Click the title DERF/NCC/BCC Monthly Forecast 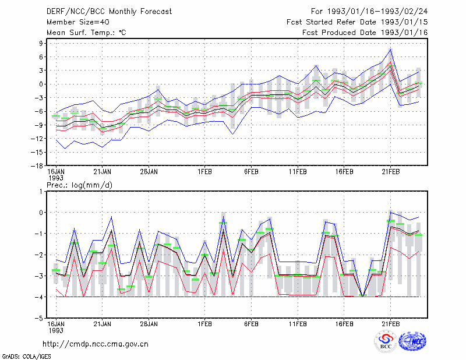click(x=109, y=12)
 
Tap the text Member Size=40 click(x=78, y=22)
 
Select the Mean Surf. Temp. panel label click(x=86, y=33)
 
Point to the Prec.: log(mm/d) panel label click(x=79, y=185)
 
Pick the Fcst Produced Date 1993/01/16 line click(x=365, y=33)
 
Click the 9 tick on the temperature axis click(x=41, y=43)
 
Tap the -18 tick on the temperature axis click(x=37, y=165)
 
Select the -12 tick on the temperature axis click(x=37, y=139)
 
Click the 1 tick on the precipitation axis click(x=41, y=192)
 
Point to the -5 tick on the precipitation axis click(x=39, y=318)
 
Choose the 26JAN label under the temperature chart click(x=149, y=172)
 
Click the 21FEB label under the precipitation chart click(x=390, y=324)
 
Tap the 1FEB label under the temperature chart click(x=204, y=172)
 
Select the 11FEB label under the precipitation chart click(x=298, y=324)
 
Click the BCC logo click(x=386, y=341)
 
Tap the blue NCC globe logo click(x=412, y=341)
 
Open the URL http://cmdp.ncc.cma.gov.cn click(x=96, y=344)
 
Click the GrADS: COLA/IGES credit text click(x=26, y=357)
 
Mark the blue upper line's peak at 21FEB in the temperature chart click(x=390, y=50)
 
